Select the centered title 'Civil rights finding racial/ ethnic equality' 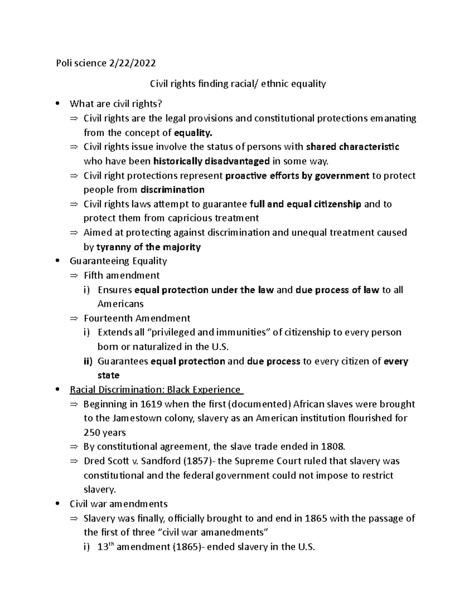click(x=237, y=84)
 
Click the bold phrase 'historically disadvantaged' click(x=211, y=161)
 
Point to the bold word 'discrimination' click(x=172, y=190)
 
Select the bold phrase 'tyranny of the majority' click(x=149, y=247)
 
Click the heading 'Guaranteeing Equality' click(x=118, y=261)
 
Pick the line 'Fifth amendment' click(x=122, y=275)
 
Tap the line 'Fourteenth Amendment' click(x=137, y=318)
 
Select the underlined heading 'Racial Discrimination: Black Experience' click(x=155, y=390)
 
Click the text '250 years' click(x=105, y=433)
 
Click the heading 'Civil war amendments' click(x=118, y=504)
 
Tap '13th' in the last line click(x=105, y=547)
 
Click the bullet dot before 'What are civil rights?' click(x=58, y=104)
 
